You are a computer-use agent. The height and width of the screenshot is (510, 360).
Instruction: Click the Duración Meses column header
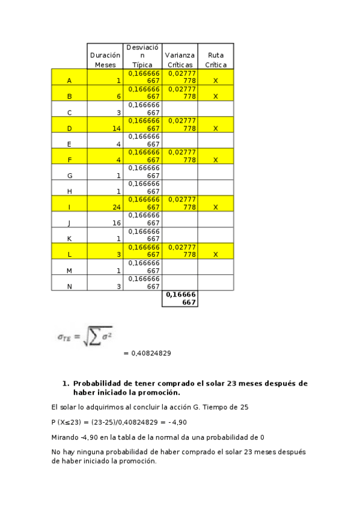coord(105,59)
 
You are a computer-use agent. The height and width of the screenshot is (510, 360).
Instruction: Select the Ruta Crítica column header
coord(215,59)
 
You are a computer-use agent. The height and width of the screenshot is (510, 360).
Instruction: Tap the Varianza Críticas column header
coord(180,59)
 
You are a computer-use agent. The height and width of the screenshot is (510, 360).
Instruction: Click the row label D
coord(69,128)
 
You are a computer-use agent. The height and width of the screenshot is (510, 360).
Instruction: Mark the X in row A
coord(215,81)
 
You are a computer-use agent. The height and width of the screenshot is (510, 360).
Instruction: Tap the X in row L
coord(215,254)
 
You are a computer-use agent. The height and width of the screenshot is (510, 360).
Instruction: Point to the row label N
coord(69,286)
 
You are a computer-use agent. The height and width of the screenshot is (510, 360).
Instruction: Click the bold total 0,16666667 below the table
coord(180,298)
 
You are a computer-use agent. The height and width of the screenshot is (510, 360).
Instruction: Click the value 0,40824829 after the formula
coord(147,353)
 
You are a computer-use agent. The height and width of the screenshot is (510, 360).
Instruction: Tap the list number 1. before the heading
coord(66,383)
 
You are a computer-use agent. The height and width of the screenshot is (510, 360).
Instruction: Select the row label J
coord(69,223)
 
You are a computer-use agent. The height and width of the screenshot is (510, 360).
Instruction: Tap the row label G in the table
coord(69,176)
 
